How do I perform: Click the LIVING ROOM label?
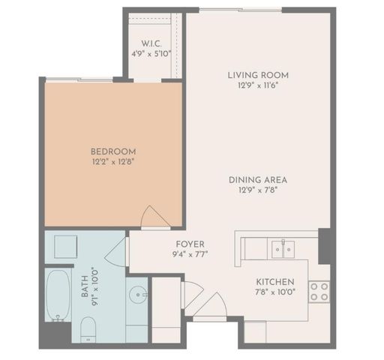[257, 75]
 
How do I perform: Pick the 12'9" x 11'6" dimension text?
[257, 85]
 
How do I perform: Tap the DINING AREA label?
[259, 180]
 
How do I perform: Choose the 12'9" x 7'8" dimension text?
[259, 190]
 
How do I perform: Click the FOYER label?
[185, 243]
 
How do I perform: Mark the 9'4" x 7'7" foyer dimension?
[185, 253]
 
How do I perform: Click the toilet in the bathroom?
[88, 328]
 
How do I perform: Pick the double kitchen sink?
[283, 247]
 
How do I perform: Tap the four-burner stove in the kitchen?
[319, 291]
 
